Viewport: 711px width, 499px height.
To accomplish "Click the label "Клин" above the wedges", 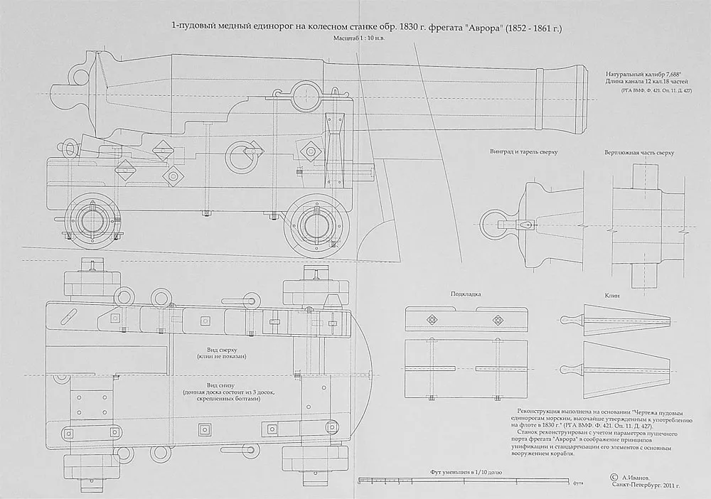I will pyautogui.click(x=612, y=294).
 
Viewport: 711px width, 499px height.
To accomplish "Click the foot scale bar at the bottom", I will pyautogui.click(x=466, y=482).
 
